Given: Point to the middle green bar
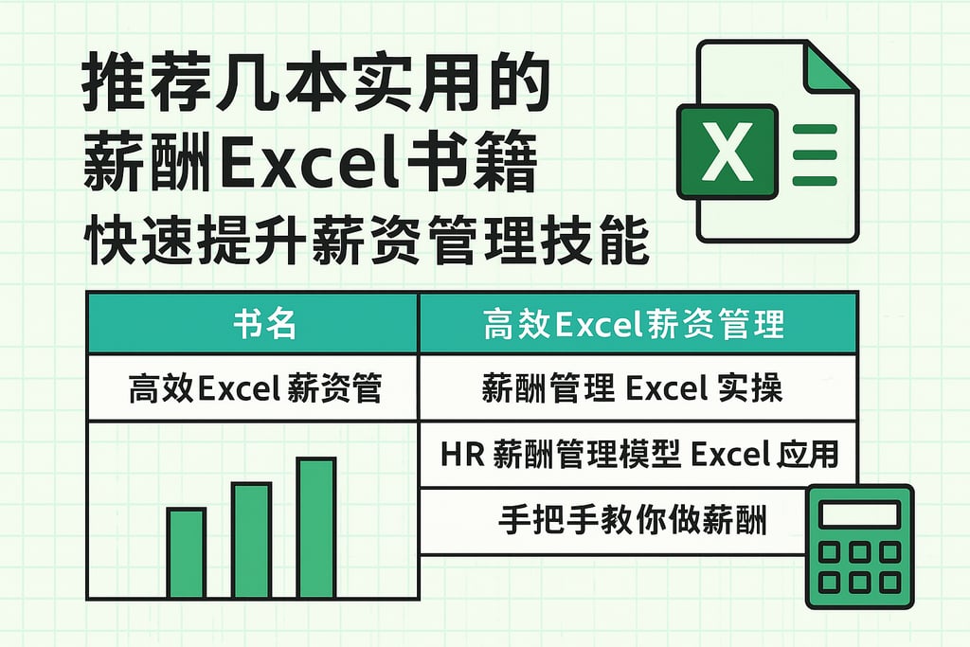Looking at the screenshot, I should click(x=251, y=540).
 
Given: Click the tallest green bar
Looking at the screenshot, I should click(x=316, y=528).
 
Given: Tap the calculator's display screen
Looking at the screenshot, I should click(x=858, y=514).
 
